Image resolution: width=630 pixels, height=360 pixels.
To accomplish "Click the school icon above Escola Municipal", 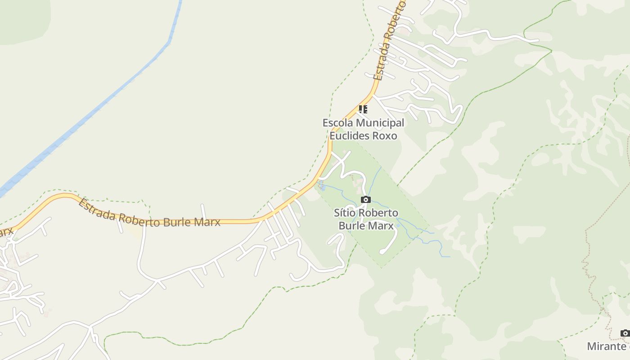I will [x=363, y=109].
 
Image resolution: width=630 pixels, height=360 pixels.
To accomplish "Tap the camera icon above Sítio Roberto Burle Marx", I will [x=366, y=199].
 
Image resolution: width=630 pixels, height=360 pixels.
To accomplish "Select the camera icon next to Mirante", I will [x=625, y=333].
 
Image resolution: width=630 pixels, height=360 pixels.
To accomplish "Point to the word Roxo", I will [x=385, y=135].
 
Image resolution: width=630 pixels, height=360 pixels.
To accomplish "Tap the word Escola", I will [x=337, y=122].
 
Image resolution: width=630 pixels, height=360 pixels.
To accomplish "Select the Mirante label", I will [x=606, y=346].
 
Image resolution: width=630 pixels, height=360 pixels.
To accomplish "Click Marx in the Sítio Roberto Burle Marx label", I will [x=381, y=225].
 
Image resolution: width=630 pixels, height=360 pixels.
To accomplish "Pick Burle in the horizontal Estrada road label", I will [x=182, y=220].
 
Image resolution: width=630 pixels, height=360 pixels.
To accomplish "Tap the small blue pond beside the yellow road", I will [x=322, y=186].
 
